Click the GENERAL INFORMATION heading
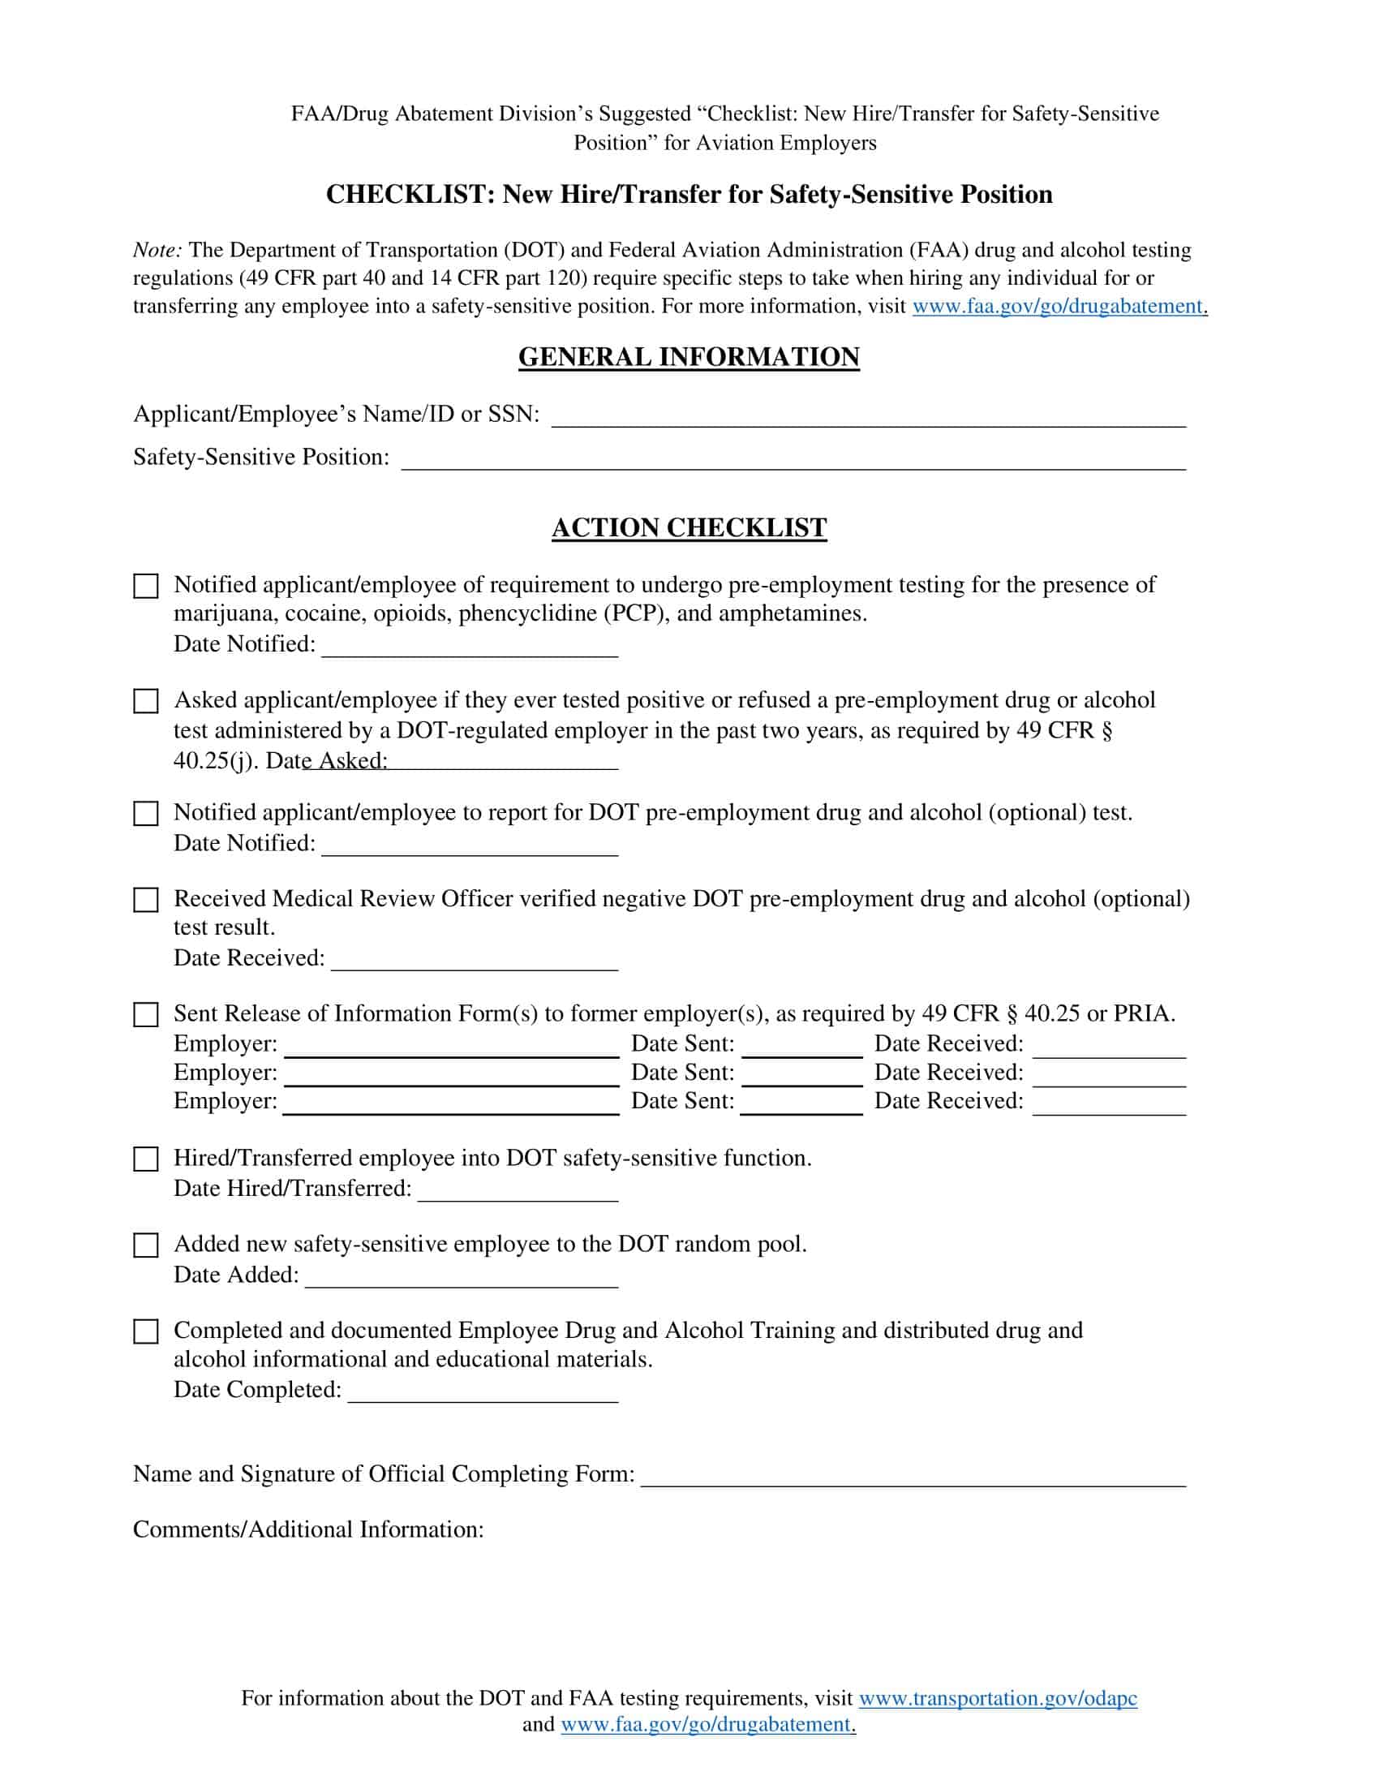point(689,357)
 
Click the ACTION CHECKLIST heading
point(689,528)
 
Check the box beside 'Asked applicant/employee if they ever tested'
point(145,701)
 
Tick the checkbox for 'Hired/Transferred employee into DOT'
point(145,1159)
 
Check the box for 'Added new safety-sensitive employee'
point(145,1245)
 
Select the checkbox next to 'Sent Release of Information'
point(145,1014)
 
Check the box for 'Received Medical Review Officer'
point(145,900)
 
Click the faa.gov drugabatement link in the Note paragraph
point(1059,307)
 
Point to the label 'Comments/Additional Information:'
point(308,1530)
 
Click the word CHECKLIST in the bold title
point(406,195)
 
